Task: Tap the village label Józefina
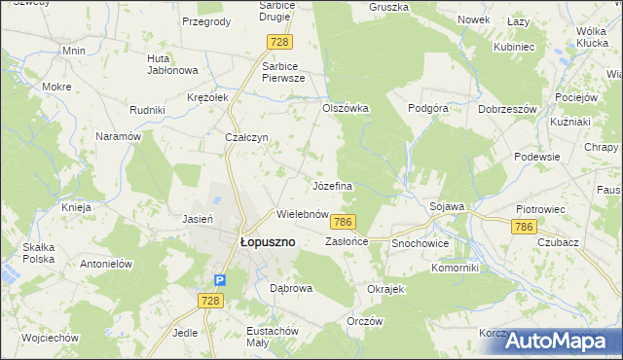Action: [x=331, y=185]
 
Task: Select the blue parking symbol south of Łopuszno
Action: [x=220, y=280]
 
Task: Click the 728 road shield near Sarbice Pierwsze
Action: [x=280, y=42]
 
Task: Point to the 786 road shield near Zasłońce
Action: [x=342, y=223]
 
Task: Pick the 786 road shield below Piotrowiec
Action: [x=524, y=227]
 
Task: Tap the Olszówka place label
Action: [x=346, y=109]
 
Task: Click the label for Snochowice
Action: [x=421, y=242]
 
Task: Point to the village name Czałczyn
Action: [x=247, y=138]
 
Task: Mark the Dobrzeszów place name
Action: [x=508, y=109]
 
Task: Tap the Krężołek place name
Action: [x=207, y=97]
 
